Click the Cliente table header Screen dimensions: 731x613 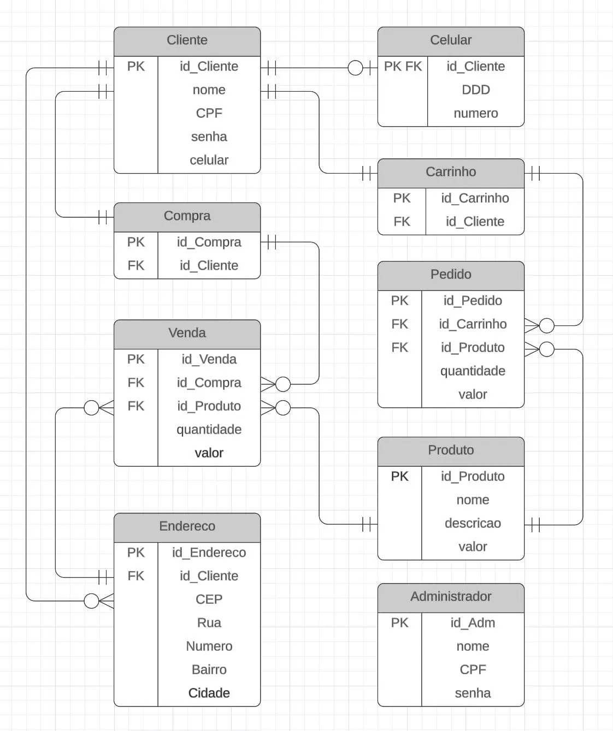187,40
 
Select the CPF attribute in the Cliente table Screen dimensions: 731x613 209,113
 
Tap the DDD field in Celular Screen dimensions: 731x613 475,90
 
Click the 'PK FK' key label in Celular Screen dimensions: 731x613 403,67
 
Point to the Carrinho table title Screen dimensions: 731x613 451,172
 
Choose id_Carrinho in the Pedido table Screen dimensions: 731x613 473,324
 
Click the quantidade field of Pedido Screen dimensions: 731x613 473,371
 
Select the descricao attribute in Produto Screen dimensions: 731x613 473,523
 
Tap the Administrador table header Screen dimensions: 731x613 451,597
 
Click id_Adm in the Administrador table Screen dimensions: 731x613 473,623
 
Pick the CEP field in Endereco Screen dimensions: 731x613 209,599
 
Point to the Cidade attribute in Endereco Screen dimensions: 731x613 209,693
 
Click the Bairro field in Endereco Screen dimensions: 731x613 209,670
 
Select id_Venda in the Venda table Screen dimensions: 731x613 209,359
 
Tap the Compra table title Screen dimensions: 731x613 187,216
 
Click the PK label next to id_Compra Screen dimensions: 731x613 135,242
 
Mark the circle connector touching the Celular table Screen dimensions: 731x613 355,68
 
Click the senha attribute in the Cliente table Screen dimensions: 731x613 209,136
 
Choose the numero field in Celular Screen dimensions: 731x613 475,113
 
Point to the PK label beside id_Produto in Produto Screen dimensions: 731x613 399,477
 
